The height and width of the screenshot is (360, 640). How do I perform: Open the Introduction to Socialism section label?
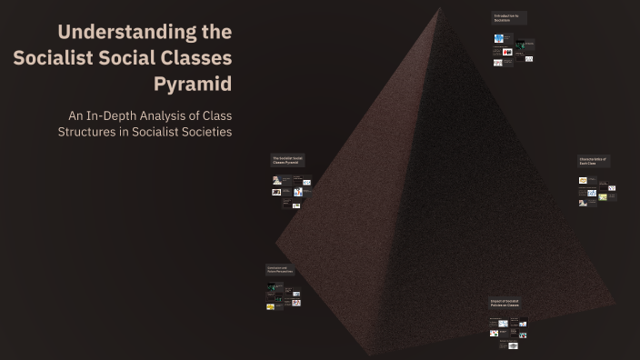[x=507, y=18]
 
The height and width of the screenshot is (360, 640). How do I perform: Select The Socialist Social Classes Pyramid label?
[x=287, y=160]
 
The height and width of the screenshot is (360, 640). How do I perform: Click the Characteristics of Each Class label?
[x=593, y=161]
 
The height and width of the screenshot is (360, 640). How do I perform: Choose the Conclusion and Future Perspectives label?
[x=279, y=270]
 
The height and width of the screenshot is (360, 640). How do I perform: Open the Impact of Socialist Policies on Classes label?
[x=505, y=304]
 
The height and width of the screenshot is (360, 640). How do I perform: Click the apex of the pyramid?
[x=440, y=6]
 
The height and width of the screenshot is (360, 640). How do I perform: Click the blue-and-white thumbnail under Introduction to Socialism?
[x=499, y=39]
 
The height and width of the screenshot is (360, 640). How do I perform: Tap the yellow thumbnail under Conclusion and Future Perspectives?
[x=271, y=306]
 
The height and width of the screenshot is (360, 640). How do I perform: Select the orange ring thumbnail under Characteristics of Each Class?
[x=583, y=181]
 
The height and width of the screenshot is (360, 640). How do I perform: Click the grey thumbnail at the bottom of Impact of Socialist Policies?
[x=514, y=346]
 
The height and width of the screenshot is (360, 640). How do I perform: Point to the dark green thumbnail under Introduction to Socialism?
[x=520, y=45]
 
